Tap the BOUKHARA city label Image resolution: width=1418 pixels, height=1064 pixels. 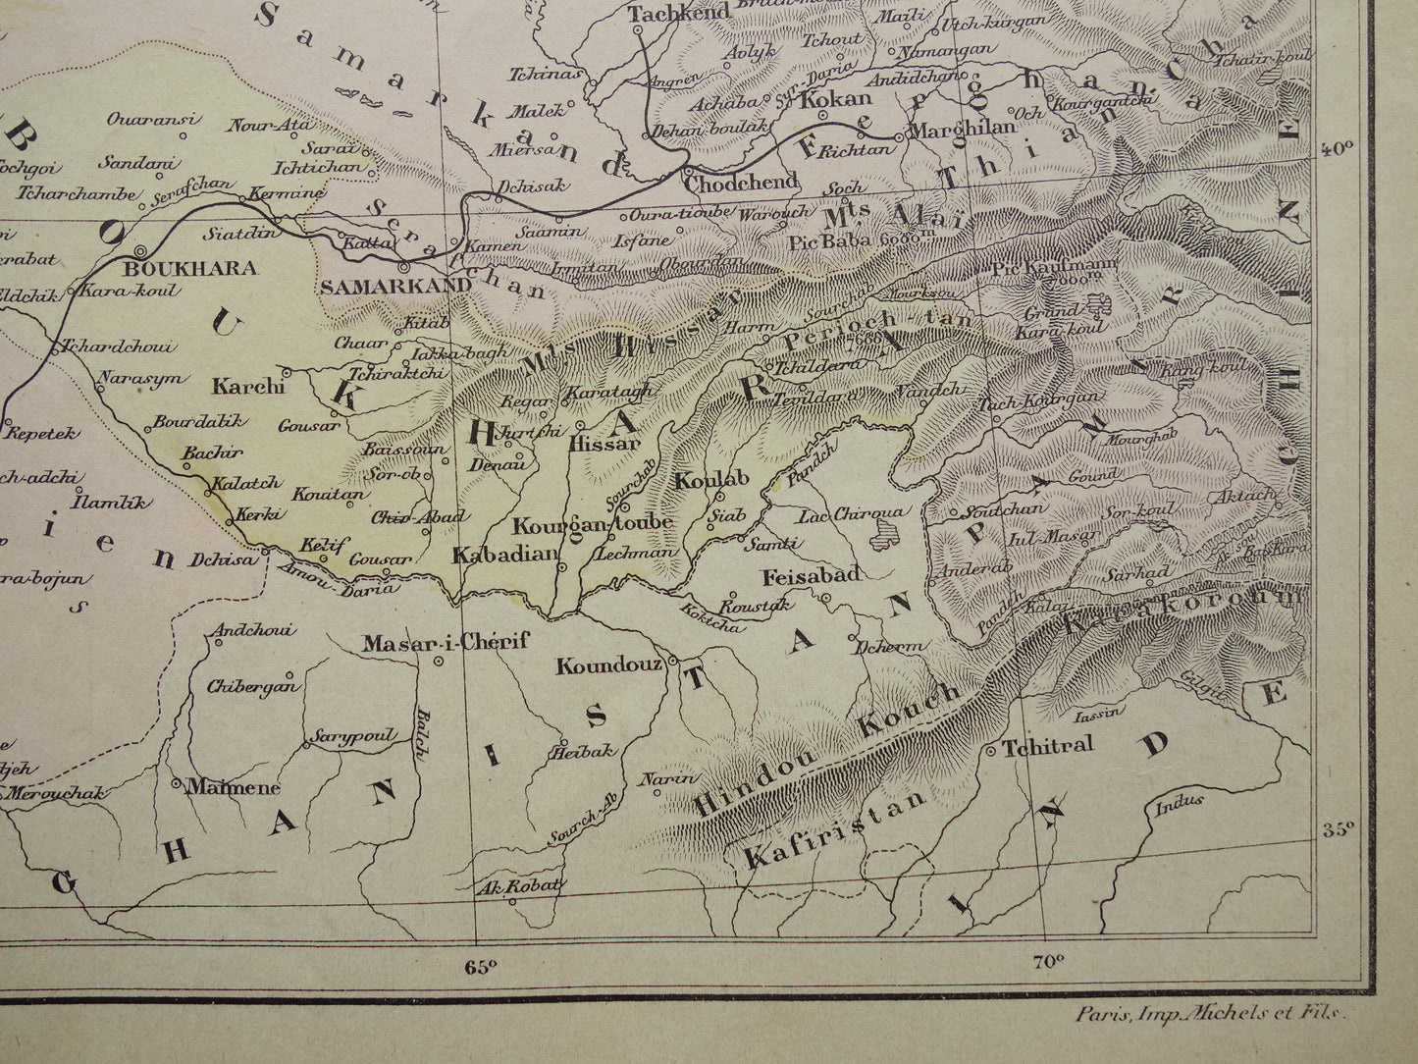click(191, 268)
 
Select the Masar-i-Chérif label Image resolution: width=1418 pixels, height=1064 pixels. click(446, 643)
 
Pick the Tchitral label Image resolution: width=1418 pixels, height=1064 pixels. click(1047, 747)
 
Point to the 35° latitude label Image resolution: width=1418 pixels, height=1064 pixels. click(1336, 830)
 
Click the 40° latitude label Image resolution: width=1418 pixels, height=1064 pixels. click(1336, 149)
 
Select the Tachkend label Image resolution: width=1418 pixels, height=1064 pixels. click(664, 13)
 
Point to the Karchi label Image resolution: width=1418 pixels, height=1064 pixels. click(247, 387)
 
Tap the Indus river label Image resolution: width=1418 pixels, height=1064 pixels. click(1179, 802)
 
